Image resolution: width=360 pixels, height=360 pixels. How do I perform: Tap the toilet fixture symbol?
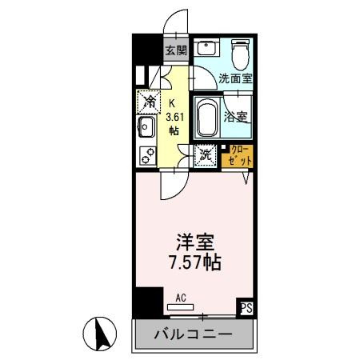point(239,54)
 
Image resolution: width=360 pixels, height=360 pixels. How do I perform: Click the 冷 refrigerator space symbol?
point(149,101)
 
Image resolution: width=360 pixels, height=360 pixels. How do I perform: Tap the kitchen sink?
point(147,127)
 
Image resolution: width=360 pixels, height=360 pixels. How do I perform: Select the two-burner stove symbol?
point(147,155)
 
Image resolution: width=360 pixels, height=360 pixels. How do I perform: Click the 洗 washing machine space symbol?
point(206,155)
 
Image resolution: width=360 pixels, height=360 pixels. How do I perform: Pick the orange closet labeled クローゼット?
point(239,155)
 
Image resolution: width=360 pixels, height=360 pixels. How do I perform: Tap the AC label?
point(181,298)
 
